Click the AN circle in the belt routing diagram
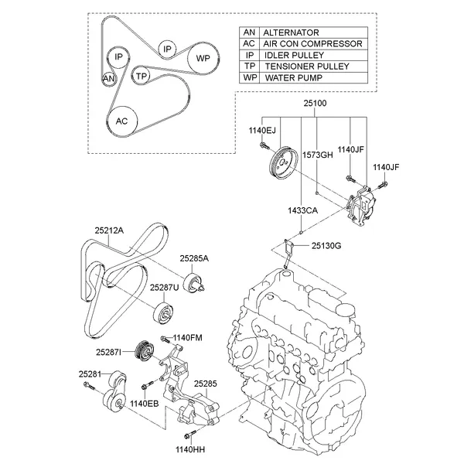coord(109,78)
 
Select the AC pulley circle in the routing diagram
coord(121,121)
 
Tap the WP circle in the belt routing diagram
coord(203,59)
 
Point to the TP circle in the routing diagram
coord(141,76)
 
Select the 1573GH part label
coord(317,155)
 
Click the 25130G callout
coord(326,246)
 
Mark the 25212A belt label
coord(110,229)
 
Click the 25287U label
coord(164,287)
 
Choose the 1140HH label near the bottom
coord(189,449)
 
